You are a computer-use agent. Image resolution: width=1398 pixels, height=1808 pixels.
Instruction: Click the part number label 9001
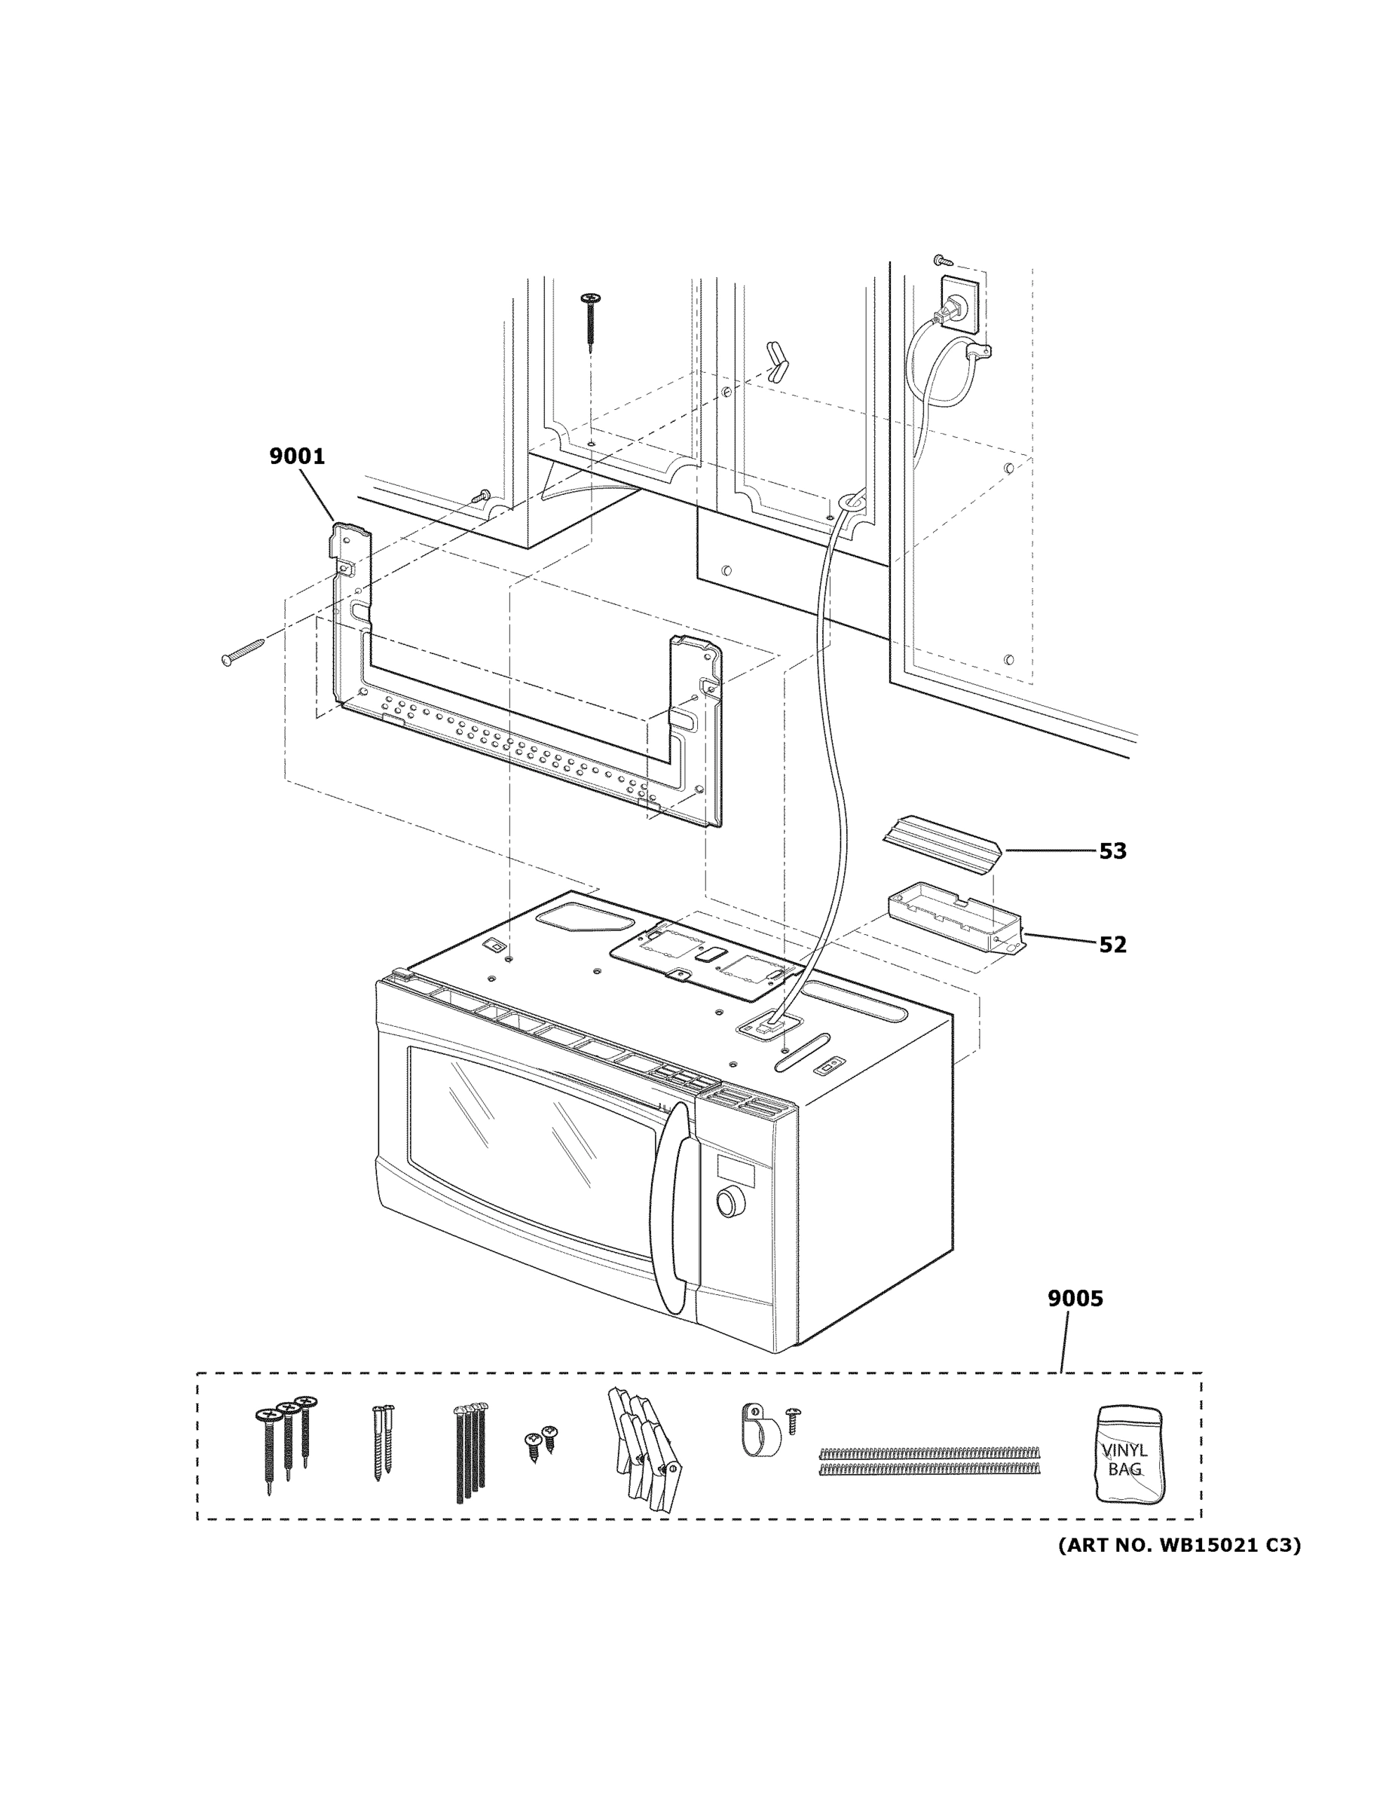296,456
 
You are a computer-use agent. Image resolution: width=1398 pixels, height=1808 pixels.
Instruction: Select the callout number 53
1112,851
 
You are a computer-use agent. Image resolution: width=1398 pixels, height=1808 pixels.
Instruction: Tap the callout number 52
1112,945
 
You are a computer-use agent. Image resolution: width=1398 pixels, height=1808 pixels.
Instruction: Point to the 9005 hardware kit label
1075,1299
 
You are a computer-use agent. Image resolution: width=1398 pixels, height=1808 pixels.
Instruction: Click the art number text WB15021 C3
1179,1545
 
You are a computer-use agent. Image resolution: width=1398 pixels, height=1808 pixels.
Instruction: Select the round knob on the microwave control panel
728,1203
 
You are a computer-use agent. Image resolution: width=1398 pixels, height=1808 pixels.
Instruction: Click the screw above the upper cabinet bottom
592,319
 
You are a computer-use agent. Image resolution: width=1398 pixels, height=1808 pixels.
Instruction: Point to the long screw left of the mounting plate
243,651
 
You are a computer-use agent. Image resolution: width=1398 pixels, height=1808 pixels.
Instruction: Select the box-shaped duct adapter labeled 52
954,921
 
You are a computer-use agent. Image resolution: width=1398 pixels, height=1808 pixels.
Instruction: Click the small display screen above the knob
736,1171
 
